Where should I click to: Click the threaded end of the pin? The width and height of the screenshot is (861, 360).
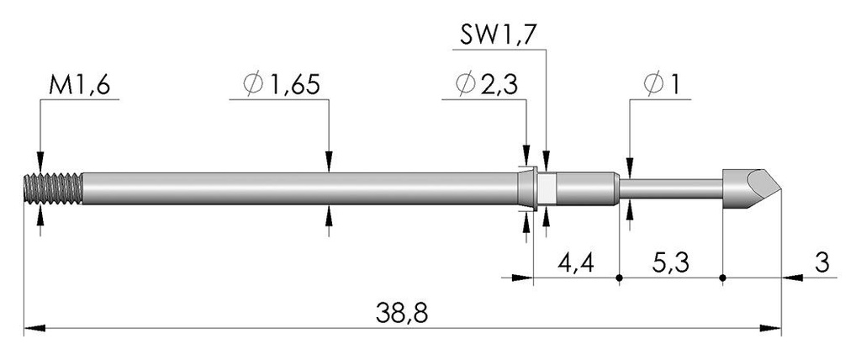pyautogui.click(x=53, y=188)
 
